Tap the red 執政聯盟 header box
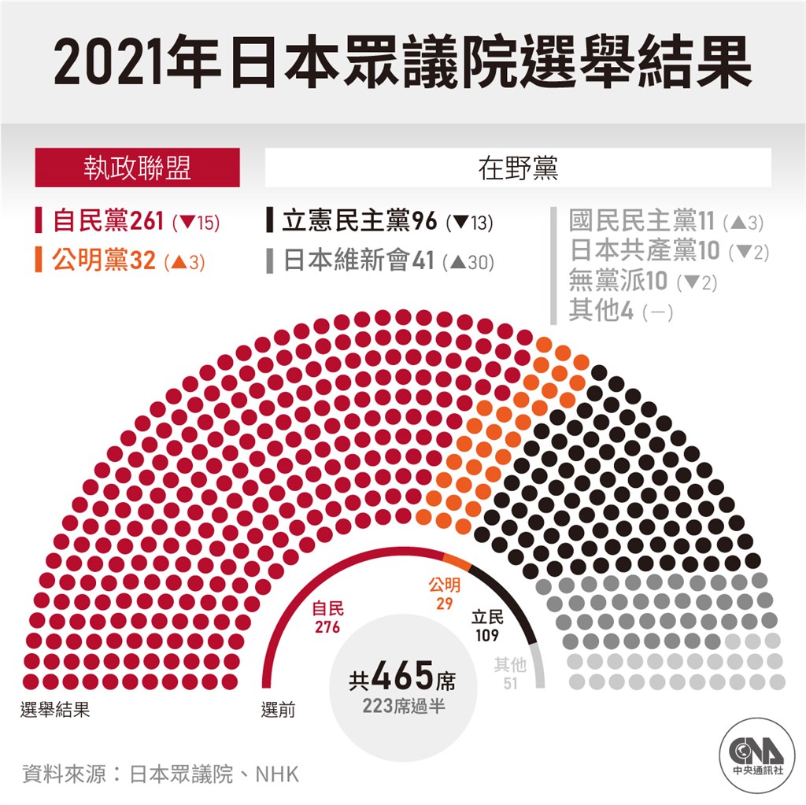137,168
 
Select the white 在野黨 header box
518,168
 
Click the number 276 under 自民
327,627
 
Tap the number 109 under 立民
487,635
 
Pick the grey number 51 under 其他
511,683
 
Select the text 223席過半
404,706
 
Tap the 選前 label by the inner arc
279,710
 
